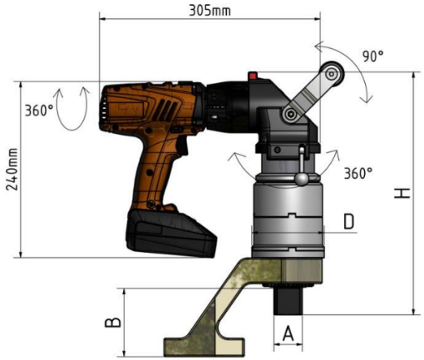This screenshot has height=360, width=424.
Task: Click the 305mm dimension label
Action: [x=210, y=11]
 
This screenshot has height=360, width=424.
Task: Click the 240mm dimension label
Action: [x=12, y=170]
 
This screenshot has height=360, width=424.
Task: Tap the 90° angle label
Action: [x=373, y=57]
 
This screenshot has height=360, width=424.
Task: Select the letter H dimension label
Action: [x=402, y=193]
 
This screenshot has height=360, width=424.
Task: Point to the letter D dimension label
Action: [x=349, y=221]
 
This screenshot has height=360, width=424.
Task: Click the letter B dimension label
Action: [x=113, y=323]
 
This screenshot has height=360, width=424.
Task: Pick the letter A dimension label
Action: [x=288, y=333]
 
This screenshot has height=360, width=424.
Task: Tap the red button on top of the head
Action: [x=253, y=75]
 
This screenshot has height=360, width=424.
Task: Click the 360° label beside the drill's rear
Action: [x=39, y=111]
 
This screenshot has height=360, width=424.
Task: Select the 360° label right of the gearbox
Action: [x=358, y=173]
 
